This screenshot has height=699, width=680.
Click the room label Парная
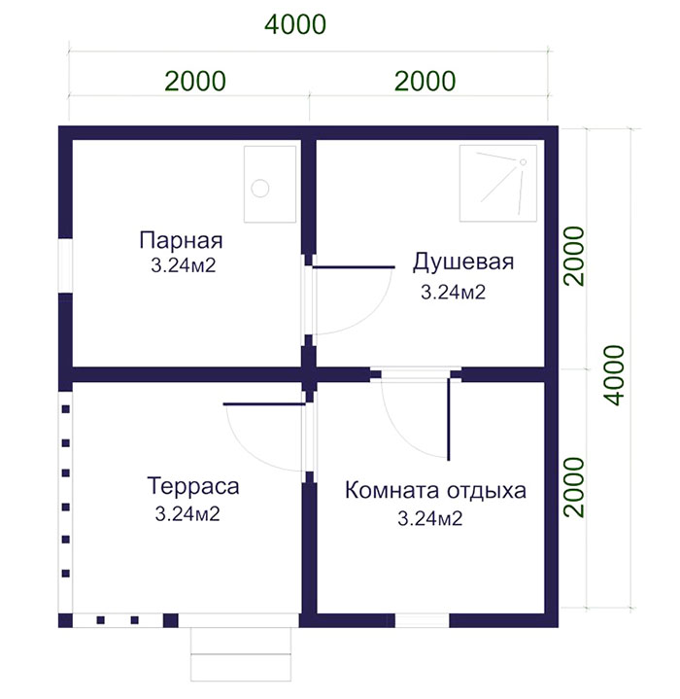(181, 240)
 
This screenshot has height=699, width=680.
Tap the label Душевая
(463, 262)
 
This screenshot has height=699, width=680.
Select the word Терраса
(192, 486)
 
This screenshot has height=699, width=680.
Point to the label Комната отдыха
(435, 490)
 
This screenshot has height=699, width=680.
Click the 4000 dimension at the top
(295, 24)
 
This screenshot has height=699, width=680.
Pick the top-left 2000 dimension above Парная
(195, 81)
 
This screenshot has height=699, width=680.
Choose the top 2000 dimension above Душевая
(425, 81)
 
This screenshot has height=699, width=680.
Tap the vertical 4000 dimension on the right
(616, 375)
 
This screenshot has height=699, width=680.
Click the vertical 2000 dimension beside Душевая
(574, 256)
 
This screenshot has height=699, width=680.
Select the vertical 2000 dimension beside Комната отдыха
(574, 487)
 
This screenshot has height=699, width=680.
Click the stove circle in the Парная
(260, 188)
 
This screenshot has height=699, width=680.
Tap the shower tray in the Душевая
(498, 183)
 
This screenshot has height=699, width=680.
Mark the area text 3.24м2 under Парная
(184, 265)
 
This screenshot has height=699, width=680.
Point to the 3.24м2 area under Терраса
(187, 514)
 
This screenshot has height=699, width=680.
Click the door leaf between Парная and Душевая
(354, 267)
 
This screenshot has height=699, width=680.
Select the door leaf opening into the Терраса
(264, 404)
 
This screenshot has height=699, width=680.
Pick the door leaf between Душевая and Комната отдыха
(449, 420)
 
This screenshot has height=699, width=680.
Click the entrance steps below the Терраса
(241, 654)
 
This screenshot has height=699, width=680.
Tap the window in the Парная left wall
(65, 265)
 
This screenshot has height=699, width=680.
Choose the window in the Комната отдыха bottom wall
(422, 620)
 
